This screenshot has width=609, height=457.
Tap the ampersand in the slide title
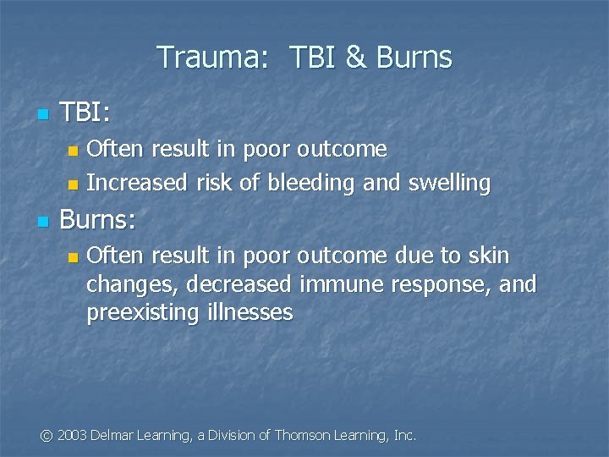(355, 58)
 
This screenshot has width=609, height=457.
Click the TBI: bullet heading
(84, 113)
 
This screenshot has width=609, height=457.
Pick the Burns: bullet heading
(99, 222)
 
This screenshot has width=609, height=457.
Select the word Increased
(135, 182)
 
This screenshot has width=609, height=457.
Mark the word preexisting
(141, 312)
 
